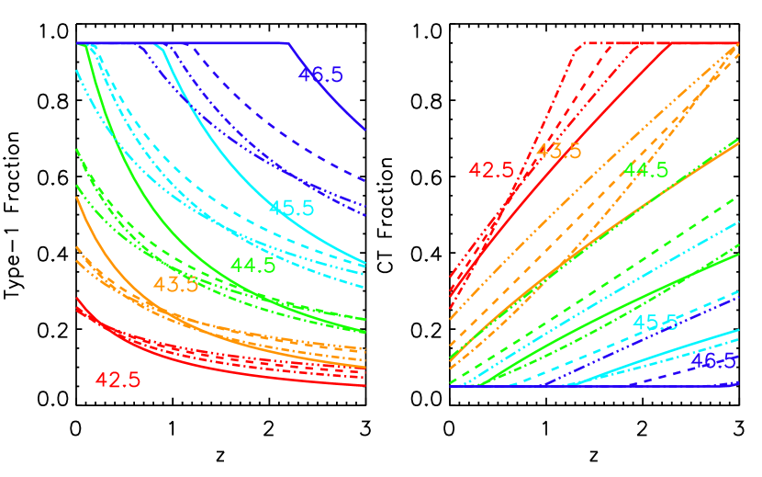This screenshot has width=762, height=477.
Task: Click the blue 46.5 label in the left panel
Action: click(320, 75)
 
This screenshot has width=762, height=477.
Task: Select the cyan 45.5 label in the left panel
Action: click(291, 208)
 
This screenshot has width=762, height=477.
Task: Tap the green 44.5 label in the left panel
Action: click(252, 266)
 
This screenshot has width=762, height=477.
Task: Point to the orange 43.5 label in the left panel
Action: click(175, 285)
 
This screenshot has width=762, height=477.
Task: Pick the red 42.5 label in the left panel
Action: click(118, 380)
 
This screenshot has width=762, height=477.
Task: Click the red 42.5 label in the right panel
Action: click(492, 171)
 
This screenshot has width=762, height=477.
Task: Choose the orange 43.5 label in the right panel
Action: click(558, 151)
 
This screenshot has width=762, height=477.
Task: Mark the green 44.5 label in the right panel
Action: click(646, 170)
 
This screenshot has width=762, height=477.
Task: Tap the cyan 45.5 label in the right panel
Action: click(656, 323)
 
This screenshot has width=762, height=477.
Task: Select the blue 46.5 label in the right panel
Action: click(712, 361)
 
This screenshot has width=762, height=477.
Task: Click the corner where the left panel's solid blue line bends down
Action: click(290, 43)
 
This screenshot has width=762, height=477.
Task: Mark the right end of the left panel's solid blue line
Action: click(366, 130)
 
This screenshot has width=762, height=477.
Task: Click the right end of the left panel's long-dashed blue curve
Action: click(366, 181)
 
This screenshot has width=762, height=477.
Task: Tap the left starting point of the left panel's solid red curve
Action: click(76, 299)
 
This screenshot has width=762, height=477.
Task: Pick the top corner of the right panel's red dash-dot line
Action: click(581, 43)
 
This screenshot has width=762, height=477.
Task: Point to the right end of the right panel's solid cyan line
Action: click(738, 330)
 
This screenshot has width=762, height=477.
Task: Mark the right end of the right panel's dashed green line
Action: click(738, 198)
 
